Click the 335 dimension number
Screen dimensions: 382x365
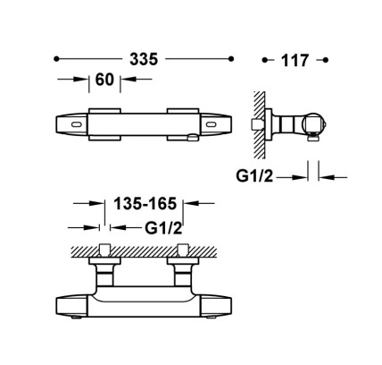144,59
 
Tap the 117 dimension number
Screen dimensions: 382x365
295,61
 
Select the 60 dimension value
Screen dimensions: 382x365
104,80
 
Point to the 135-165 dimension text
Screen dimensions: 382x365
145,204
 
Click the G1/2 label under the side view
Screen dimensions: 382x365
254,176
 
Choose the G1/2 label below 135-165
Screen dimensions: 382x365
163,228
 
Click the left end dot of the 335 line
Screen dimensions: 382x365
56,59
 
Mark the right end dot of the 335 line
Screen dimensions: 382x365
231,59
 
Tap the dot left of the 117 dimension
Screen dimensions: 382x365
264,60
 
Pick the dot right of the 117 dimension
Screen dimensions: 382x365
325,60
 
